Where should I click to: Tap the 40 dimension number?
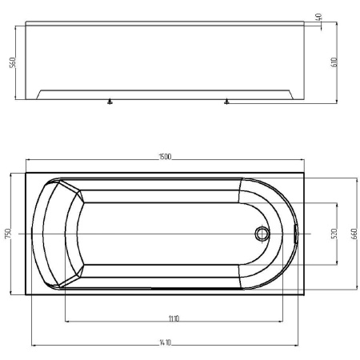click(319, 17)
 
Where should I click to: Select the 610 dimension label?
click(345, 62)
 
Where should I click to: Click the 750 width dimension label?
click(7, 233)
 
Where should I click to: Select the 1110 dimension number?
click(174, 318)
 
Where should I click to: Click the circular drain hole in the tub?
click(261, 234)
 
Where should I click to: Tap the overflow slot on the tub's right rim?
click(296, 234)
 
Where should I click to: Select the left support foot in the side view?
click(110, 102)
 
